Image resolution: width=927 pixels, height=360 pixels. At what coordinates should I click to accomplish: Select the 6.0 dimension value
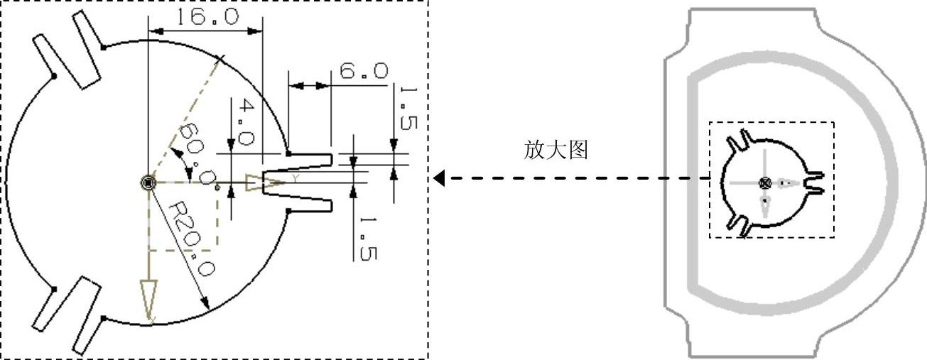[363, 71]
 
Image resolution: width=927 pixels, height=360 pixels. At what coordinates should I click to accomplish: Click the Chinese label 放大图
[556, 150]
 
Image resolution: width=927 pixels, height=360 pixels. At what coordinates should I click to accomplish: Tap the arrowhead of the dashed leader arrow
[439, 178]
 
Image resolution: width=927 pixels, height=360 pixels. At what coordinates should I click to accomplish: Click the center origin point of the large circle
[147, 182]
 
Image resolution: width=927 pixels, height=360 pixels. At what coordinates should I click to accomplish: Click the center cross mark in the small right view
[765, 182]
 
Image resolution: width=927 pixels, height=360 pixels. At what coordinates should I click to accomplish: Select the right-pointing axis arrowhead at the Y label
[263, 182]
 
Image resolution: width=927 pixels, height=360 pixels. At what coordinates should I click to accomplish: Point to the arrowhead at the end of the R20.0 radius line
[206, 305]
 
